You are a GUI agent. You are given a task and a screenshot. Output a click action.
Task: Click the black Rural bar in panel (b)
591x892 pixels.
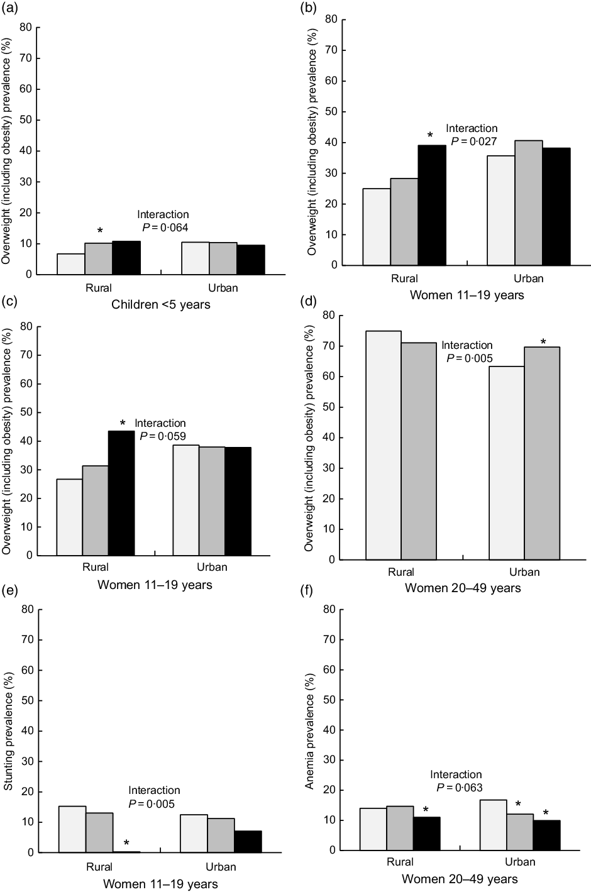432,205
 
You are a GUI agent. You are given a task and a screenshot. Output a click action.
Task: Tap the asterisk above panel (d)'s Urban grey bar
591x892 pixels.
543,343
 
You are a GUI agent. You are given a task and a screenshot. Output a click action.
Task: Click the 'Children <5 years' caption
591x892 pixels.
161,305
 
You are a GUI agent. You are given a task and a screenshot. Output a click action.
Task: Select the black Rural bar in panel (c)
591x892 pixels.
121,493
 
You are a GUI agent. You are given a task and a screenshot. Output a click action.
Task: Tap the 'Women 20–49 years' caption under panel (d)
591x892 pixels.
463,588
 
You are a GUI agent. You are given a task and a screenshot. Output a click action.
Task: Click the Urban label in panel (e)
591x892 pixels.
221,867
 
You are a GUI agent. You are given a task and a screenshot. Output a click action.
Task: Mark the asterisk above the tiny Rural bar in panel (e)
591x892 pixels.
126,843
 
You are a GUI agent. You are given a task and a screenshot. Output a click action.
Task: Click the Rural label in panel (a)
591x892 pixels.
99,289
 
